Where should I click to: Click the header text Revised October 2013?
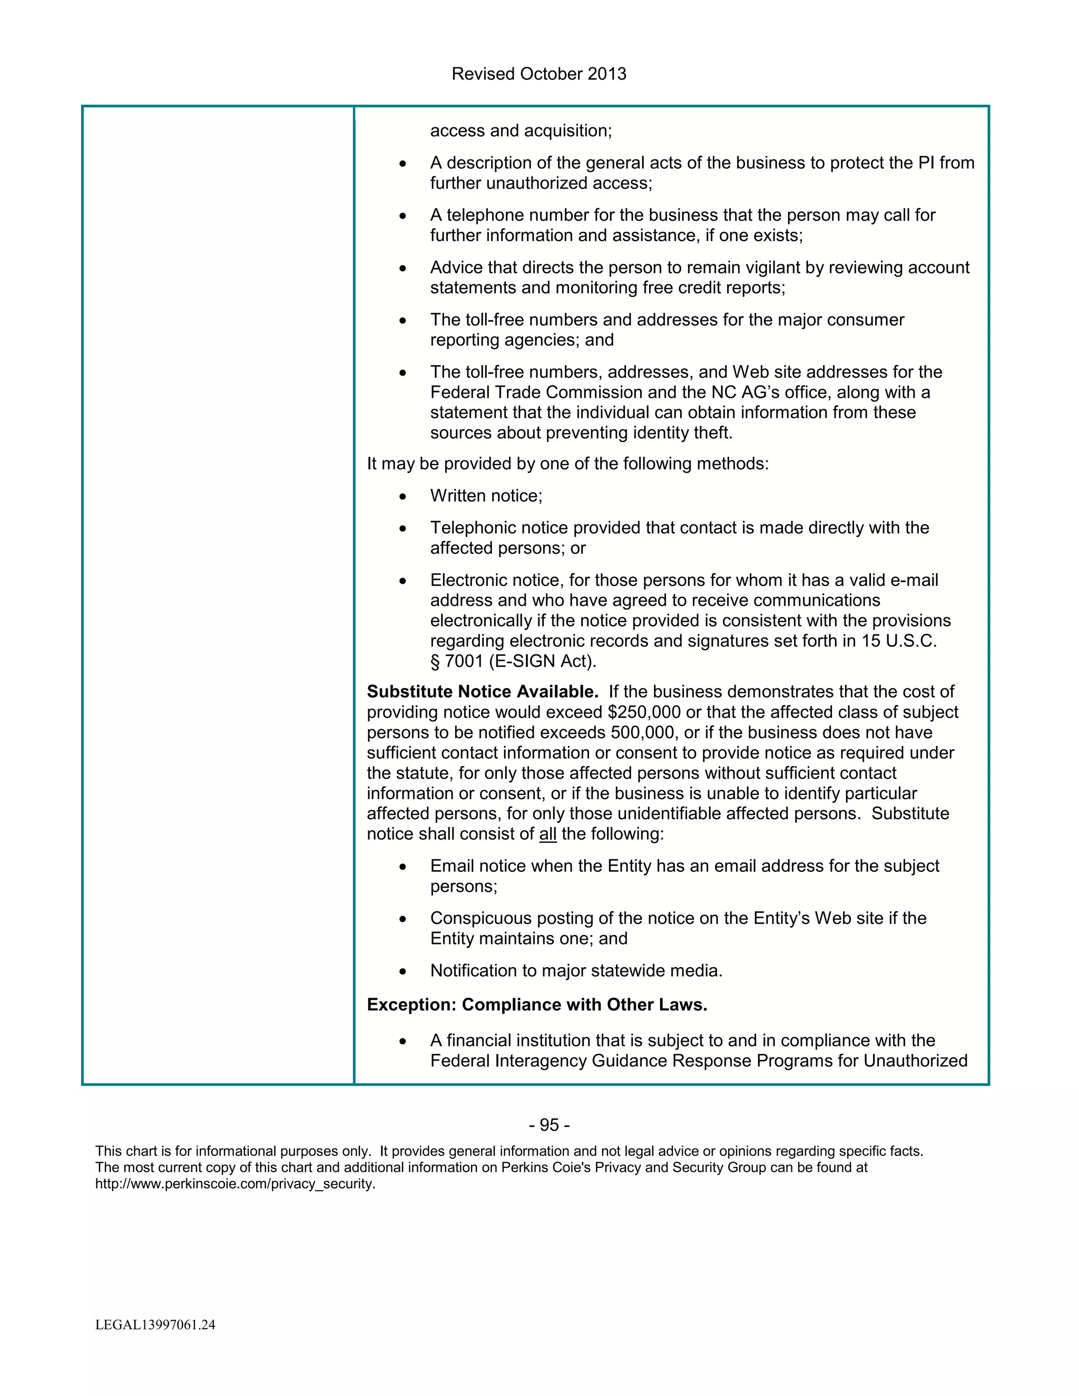point(539,74)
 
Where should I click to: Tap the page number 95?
point(549,1125)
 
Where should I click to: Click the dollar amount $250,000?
point(644,712)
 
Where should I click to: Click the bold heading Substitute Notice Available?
point(483,692)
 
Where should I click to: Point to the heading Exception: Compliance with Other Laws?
point(537,1005)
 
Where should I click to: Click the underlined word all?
point(548,834)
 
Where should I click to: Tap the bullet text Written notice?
point(486,496)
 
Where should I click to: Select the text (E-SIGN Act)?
point(543,662)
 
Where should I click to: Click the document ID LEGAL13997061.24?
point(155,1325)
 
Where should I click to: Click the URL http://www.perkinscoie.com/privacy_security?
point(235,1184)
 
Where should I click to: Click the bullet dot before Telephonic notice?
point(403,528)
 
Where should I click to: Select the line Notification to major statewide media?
point(576,971)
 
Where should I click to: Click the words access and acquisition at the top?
point(521,131)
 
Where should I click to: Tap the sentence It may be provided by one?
point(567,464)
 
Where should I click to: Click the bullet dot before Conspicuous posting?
point(403,919)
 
